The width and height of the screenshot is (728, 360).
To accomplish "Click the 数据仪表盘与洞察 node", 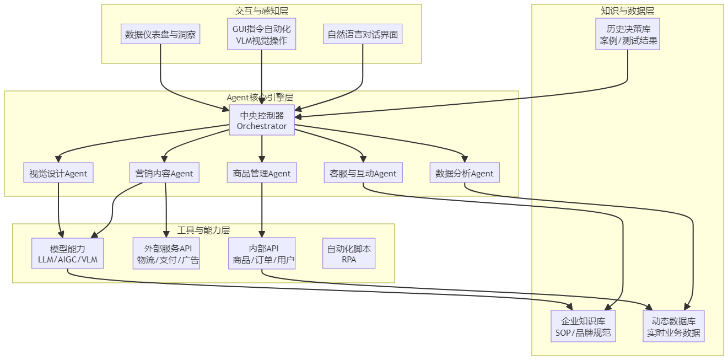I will click(x=160, y=35).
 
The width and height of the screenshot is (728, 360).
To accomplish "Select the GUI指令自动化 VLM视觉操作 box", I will click(x=262, y=34).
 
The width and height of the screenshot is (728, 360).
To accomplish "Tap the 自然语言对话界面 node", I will click(x=363, y=35).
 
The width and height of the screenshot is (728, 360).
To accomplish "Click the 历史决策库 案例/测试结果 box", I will click(x=628, y=34).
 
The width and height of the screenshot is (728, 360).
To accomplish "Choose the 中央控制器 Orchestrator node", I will click(x=262, y=120).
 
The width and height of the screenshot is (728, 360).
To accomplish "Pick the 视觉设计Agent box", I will click(x=58, y=173).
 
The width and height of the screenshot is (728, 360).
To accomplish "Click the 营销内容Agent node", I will click(x=164, y=173).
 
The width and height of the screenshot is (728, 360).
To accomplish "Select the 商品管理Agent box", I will click(x=262, y=173).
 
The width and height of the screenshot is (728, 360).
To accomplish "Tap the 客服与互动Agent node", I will click(x=363, y=173).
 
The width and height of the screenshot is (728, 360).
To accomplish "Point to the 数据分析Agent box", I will click(x=465, y=173).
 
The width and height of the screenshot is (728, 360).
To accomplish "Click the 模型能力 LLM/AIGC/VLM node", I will click(x=67, y=254).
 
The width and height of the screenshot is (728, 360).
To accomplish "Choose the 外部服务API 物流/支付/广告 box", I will click(x=166, y=254).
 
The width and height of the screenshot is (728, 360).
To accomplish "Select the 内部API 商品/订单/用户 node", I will click(x=262, y=254).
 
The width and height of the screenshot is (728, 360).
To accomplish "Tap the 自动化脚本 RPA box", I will click(x=349, y=254).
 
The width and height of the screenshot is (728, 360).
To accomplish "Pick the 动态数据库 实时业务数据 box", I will click(x=673, y=326).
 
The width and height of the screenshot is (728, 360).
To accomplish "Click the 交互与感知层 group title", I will click(x=262, y=10).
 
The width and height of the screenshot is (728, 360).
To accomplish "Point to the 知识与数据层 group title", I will click(x=628, y=10).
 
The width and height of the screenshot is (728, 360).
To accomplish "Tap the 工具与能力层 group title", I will click(x=203, y=230).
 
